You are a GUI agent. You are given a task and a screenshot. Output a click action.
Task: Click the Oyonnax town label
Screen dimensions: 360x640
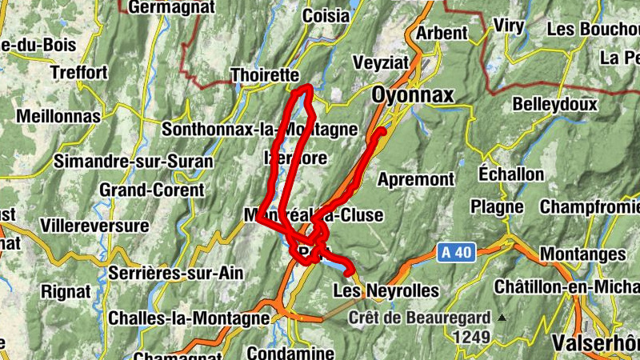(x=412, y=95)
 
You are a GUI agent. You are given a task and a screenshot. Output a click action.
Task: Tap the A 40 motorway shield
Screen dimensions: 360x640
(x=456, y=253)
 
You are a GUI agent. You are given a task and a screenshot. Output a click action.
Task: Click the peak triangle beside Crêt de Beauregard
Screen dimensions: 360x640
(x=502, y=318)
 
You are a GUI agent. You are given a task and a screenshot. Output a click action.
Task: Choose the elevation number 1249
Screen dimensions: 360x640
(x=470, y=337)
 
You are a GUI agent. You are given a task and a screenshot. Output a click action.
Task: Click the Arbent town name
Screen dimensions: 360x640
(x=442, y=33)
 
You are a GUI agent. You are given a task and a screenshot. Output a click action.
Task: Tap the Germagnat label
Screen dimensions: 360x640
(x=171, y=7)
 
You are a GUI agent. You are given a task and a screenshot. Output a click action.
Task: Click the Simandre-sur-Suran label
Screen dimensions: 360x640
(x=134, y=162)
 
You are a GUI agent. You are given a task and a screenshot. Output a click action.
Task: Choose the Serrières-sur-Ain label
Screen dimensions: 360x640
(x=174, y=273)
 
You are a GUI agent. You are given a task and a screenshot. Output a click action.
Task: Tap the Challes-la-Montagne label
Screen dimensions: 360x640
(x=188, y=318)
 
